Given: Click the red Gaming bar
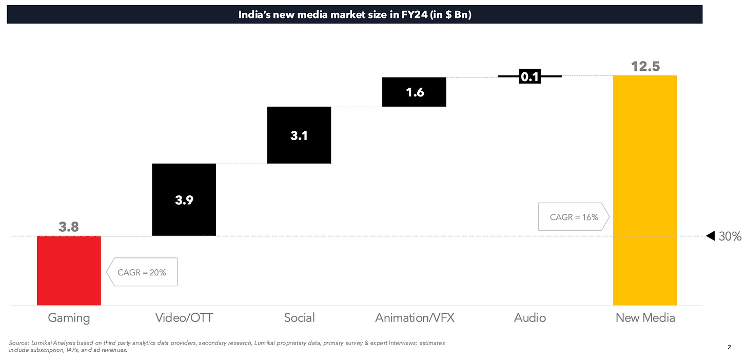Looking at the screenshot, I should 69,271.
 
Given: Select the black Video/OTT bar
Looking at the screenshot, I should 184,200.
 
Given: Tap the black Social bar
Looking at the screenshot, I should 299,135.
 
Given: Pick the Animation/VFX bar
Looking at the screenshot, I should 414,92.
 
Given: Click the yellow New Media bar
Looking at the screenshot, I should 645,190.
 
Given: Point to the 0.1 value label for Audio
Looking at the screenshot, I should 529,77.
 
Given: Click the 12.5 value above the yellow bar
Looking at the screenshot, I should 645,66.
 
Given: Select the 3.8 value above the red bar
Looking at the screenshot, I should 69,227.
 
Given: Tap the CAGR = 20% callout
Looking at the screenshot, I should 142,272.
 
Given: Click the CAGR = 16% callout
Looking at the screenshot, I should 574,217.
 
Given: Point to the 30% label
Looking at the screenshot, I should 730,236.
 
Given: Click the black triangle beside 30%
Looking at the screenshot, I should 711,236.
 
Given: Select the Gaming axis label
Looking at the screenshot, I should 69,318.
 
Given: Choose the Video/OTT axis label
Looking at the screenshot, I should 184,318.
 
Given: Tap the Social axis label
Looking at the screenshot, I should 299,318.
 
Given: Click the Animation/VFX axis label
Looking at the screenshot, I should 415,318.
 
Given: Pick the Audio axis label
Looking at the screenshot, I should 530,318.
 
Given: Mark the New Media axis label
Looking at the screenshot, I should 645,318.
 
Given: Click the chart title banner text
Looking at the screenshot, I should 355,15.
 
